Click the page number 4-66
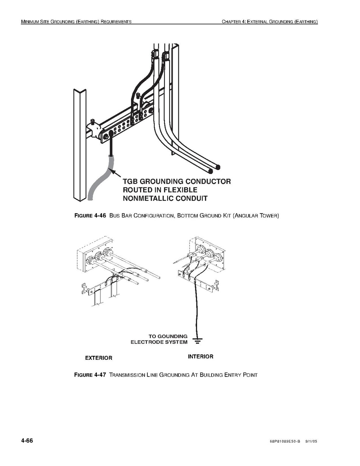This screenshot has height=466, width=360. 27,441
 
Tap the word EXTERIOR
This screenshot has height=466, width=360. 99,358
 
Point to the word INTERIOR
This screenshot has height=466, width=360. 201,357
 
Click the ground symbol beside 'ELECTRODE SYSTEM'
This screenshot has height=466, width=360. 197,342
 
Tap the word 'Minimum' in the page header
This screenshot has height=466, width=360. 31,21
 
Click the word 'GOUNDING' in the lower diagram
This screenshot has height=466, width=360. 173,336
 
